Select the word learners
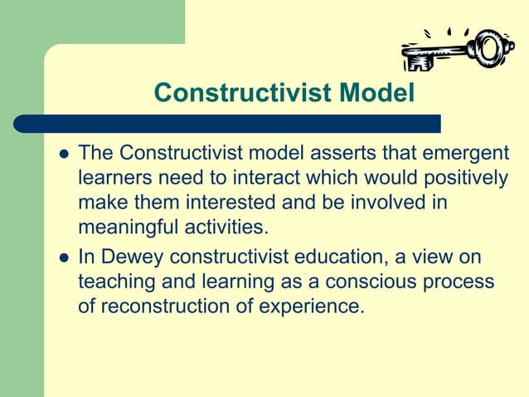pyautogui.click(x=113, y=179)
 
